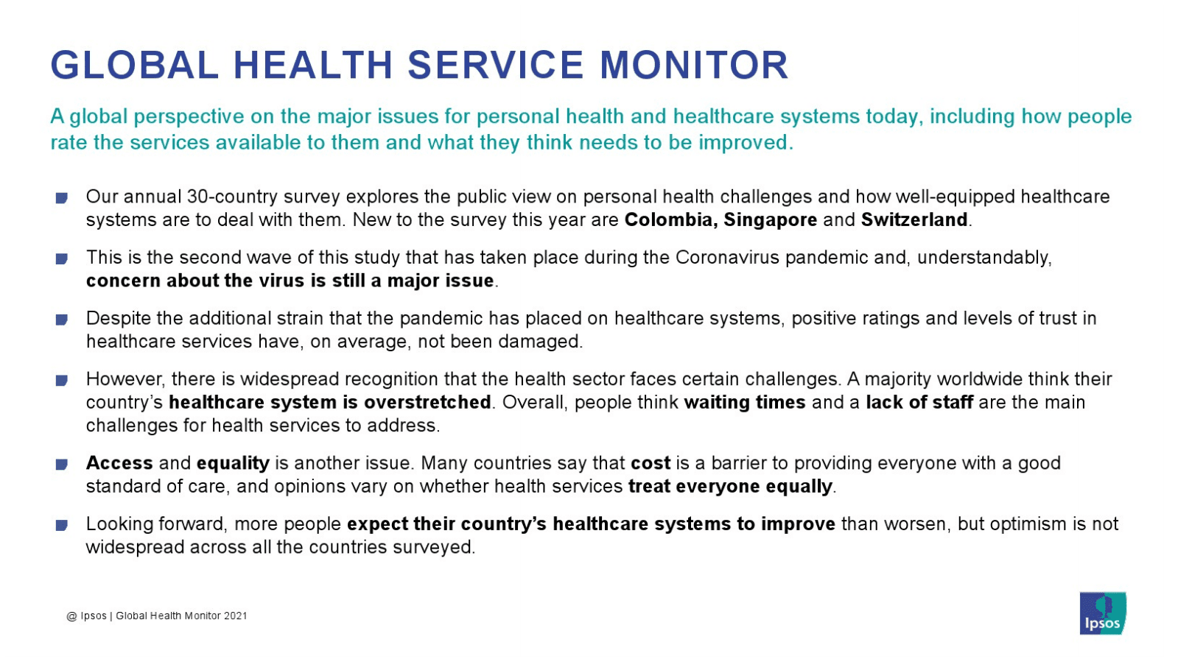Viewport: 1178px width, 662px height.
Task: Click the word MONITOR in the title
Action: click(x=694, y=66)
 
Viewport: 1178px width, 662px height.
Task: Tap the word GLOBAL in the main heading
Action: click(x=135, y=66)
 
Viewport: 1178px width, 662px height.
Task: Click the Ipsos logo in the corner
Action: click(x=1103, y=613)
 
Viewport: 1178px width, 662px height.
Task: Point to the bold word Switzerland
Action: click(x=914, y=219)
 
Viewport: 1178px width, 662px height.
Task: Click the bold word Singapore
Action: click(x=771, y=220)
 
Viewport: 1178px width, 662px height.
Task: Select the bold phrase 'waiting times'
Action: click(x=745, y=403)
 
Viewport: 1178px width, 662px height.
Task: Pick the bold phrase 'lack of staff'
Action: click(x=919, y=402)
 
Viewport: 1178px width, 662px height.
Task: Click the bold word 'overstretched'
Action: click(x=427, y=402)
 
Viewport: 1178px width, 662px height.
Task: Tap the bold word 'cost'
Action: click(x=651, y=463)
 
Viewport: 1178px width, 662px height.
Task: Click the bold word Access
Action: click(x=119, y=463)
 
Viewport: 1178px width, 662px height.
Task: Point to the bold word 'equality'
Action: click(x=233, y=464)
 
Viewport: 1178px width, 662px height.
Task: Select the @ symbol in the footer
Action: click(x=71, y=616)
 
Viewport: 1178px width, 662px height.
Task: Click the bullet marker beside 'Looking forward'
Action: click(x=62, y=525)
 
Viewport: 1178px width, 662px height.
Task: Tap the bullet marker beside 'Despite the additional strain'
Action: click(x=62, y=320)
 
